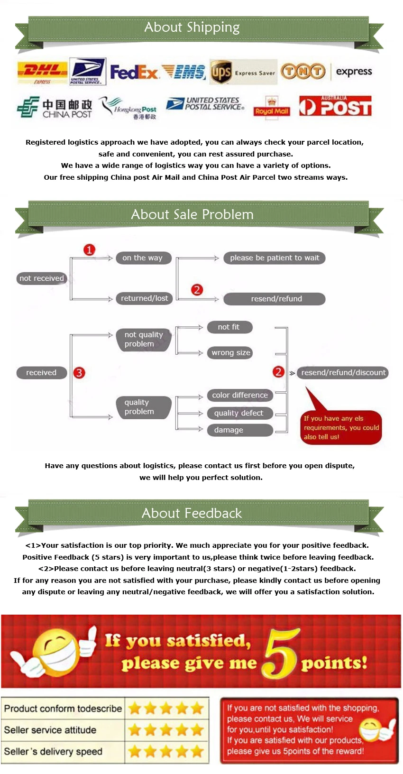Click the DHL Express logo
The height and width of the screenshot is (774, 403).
point(42,73)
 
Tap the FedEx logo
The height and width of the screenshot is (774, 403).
point(134,72)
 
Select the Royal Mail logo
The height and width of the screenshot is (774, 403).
point(272,108)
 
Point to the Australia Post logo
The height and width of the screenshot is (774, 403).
point(335,106)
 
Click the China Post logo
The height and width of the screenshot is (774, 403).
point(55,108)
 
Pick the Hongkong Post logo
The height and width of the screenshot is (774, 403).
point(128,108)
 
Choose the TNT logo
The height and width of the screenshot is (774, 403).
point(303,72)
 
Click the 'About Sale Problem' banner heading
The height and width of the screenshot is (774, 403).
point(192,214)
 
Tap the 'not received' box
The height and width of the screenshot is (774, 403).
point(41,278)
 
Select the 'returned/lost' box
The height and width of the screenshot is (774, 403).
point(144,298)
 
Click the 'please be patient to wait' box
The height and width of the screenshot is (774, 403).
point(275,258)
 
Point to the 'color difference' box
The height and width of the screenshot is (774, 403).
point(240,395)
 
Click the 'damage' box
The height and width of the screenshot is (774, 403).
point(240,430)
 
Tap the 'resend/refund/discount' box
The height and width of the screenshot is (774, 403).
point(343,372)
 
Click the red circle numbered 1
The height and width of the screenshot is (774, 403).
point(89,249)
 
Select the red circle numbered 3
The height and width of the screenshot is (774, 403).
point(79,373)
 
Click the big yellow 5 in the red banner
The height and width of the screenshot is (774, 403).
point(281,654)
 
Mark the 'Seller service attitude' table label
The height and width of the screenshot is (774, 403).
point(50,730)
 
